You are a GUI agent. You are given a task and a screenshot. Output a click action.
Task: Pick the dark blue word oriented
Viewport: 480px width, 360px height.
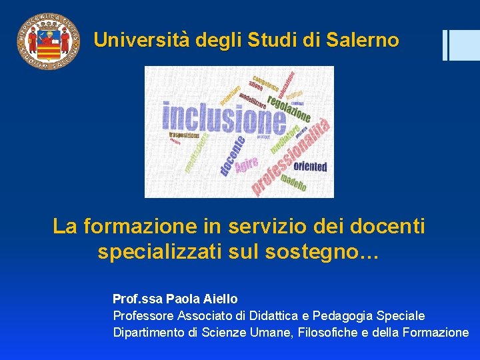(310, 166)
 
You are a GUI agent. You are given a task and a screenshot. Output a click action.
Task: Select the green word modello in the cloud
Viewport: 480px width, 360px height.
(293, 181)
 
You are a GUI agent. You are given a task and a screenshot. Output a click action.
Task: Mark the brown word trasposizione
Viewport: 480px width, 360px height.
(183, 135)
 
